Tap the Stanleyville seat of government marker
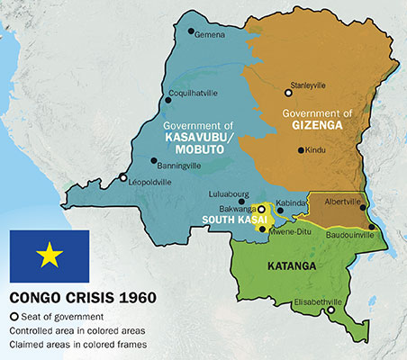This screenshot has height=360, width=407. (288, 92)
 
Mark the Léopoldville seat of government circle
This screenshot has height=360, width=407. (123, 178)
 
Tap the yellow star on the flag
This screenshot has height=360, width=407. (49, 257)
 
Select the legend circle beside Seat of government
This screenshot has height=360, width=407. (14, 316)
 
